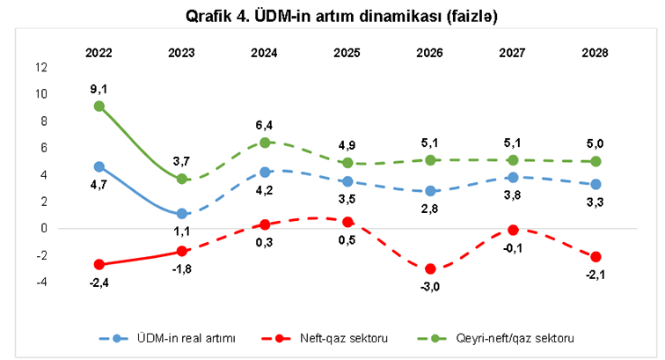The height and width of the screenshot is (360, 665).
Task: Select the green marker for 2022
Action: click(x=99, y=107)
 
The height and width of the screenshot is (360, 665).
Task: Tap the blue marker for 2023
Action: click(x=182, y=214)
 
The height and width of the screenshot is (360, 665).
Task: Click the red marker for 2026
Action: click(x=430, y=268)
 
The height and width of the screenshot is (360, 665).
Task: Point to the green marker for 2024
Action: click(x=265, y=143)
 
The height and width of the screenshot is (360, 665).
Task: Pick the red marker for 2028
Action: click(x=596, y=257)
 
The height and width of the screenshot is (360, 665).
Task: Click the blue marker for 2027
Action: click(x=513, y=178)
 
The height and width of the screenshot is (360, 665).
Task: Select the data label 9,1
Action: click(x=99, y=88)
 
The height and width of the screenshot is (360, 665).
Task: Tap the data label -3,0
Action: click(x=430, y=288)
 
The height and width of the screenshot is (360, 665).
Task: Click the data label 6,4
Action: click(x=265, y=124)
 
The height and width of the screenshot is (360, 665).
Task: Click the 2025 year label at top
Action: click(x=347, y=53)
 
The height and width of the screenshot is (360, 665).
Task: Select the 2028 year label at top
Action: click(x=596, y=53)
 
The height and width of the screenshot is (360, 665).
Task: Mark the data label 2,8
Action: click(x=430, y=209)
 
